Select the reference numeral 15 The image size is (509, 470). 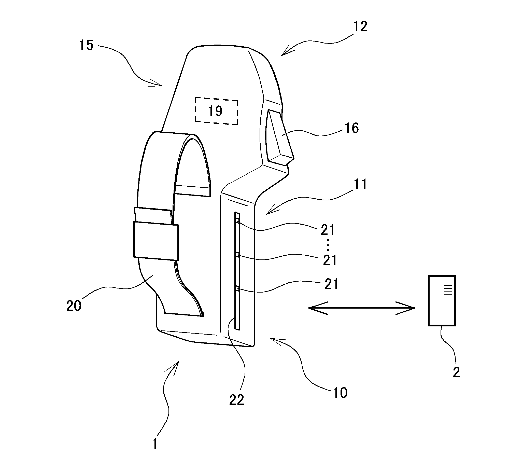click(x=86, y=46)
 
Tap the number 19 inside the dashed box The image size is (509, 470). click(x=215, y=111)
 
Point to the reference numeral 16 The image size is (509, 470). click(x=352, y=128)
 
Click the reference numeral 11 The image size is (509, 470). click(x=361, y=185)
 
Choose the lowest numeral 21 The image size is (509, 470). click(x=331, y=284)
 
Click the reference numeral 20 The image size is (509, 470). click(x=74, y=306)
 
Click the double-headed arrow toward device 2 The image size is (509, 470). click(x=362, y=308)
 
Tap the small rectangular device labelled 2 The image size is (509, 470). click(x=442, y=300)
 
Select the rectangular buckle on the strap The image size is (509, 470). click(x=156, y=241)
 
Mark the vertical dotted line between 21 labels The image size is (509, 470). click(x=328, y=245)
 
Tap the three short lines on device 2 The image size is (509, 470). click(x=448, y=289)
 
